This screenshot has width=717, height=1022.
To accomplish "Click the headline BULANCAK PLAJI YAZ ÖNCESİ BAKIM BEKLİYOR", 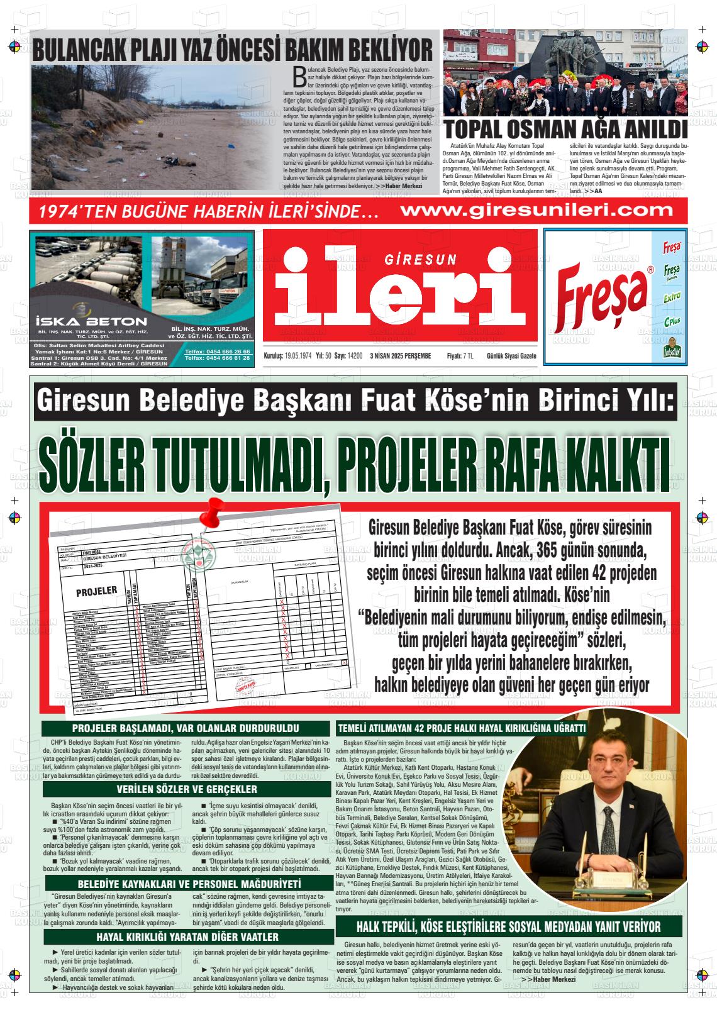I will coord(233,50).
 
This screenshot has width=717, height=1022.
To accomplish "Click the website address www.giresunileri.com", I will coord(536,210).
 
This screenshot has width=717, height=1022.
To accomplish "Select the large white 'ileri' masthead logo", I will coord(400,293).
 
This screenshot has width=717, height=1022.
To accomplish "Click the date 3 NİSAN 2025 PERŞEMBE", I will coord(406,356).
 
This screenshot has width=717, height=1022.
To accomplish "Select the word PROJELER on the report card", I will coord(96,591).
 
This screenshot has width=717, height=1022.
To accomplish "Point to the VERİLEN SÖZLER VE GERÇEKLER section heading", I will coord(187,789).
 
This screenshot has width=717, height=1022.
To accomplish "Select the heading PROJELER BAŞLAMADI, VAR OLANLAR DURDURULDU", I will coord(186,728).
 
